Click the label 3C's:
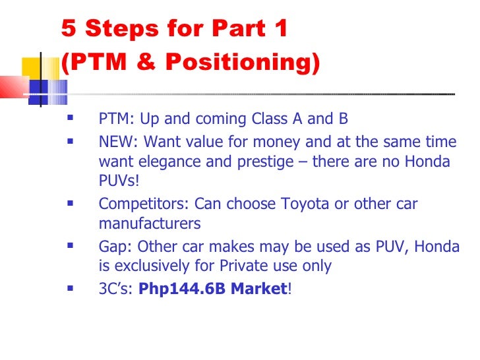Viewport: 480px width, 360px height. pyautogui.click(x=117, y=288)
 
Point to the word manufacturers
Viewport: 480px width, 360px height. pyautogui.click(x=149, y=224)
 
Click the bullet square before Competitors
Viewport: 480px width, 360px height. pyautogui.click(x=69, y=204)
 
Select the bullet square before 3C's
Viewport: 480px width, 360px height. pyautogui.click(x=69, y=287)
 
